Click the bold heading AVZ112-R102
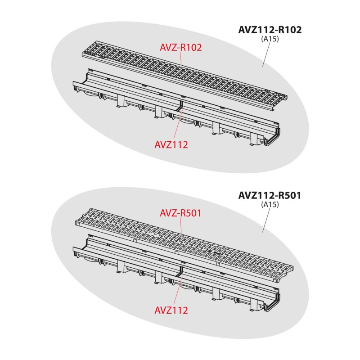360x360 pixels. pos(269,30)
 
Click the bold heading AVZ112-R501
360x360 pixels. pos(269,196)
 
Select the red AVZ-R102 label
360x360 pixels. pos(180,47)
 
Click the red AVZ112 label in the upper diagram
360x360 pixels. pos(171,144)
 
